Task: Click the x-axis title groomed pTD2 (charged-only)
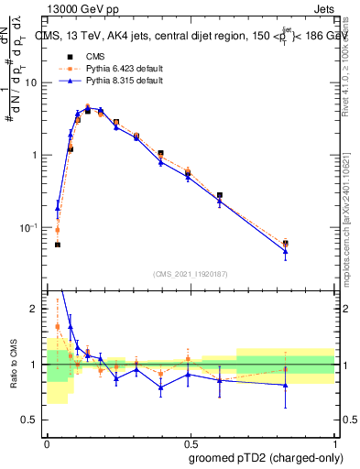click(273, 457)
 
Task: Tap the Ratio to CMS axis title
click(15, 365)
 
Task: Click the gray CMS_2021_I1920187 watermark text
click(190, 274)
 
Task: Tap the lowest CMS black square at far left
click(58, 245)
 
